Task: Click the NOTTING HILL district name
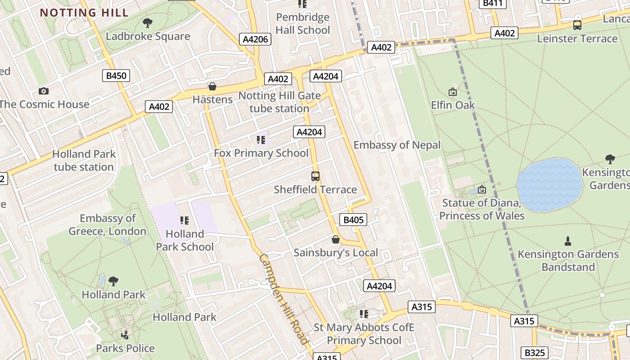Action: (x=84, y=12)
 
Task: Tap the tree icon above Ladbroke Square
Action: (x=147, y=22)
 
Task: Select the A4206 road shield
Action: (x=255, y=39)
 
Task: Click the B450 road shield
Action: (x=116, y=76)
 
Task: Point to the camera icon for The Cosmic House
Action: (x=44, y=91)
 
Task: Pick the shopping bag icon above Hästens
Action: (x=212, y=86)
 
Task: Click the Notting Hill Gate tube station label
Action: (x=279, y=102)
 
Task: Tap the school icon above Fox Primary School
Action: (x=261, y=140)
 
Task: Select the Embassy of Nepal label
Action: (x=397, y=145)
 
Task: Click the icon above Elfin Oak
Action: (x=453, y=92)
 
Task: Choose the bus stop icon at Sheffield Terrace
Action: (x=315, y=176)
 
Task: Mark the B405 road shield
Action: (x=353, y=220)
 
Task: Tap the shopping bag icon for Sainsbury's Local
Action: (x=336, y=239)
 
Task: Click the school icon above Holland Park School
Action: (x=184, y=220)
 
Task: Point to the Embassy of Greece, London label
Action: (x=108, y=225)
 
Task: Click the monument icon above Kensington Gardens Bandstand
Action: (x=568, y=241)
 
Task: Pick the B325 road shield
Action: (x=534, y=353)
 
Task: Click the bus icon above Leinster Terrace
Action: (x=577, y=25)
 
